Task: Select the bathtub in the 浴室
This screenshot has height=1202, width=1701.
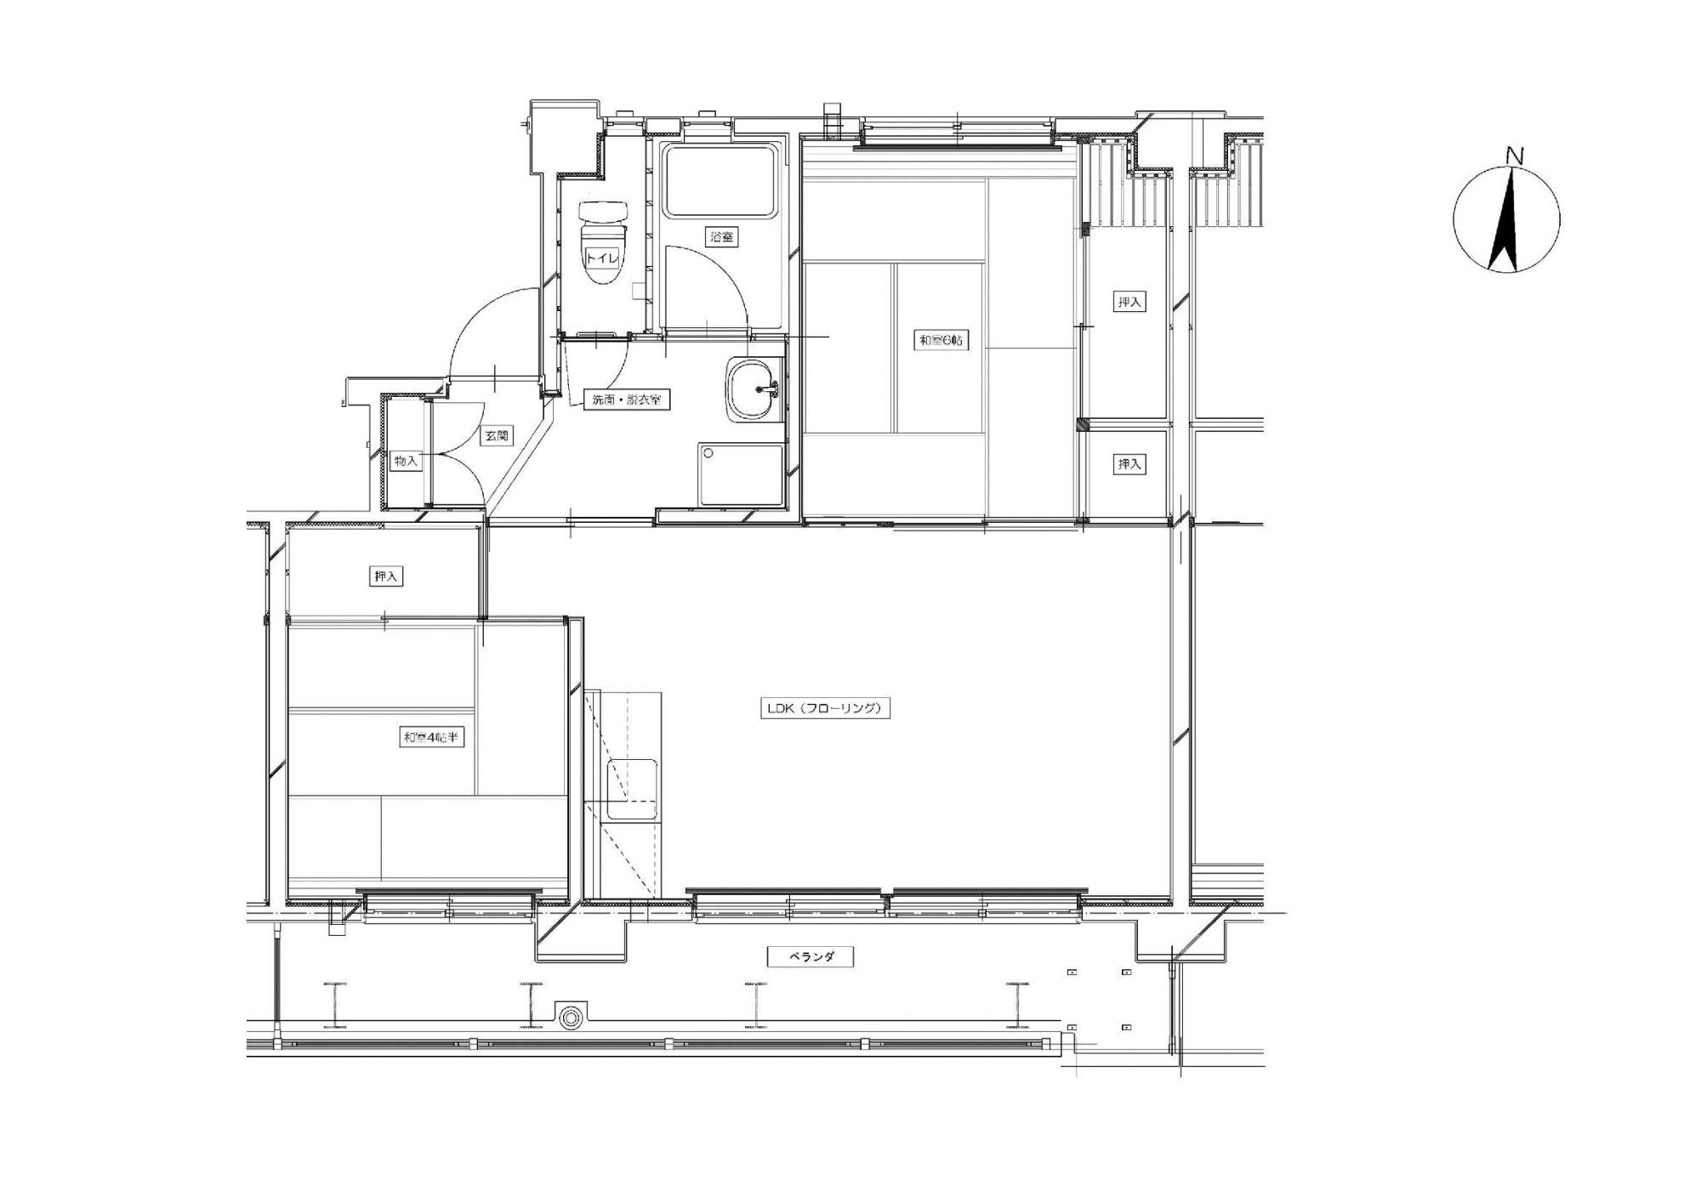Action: pyautogui.click(x=721, y=180)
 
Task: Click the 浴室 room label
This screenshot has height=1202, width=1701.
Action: pyautogui.click(x=721, y=237)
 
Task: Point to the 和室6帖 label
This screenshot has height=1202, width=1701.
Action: pyautogui.click(x=942, y=341)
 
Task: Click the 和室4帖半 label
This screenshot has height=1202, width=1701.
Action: pyautogui.click(x=431, y=737)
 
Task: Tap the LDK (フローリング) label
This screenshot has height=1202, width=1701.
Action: pyautogui.click(x=825, y=708)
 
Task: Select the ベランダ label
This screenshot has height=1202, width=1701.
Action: pyautogui.click(x=810, y=957)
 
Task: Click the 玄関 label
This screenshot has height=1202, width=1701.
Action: pyautogui.click(x=497, y=435)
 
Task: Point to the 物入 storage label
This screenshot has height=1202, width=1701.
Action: pyautogui.click(x=407, y=461)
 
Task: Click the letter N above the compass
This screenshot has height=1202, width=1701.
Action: pyautogui.click(x=1513, y=156)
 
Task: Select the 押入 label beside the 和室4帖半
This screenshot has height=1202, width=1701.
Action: pyautogui.click(x=386, y=576)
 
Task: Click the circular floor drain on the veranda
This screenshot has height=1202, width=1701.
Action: pyautogui.click(x=569, y=1015)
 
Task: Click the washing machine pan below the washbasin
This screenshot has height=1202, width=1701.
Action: pyautogui.click(x=741, y=474)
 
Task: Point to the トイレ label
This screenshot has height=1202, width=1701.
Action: pyautogui.click(x=601, y=258)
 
